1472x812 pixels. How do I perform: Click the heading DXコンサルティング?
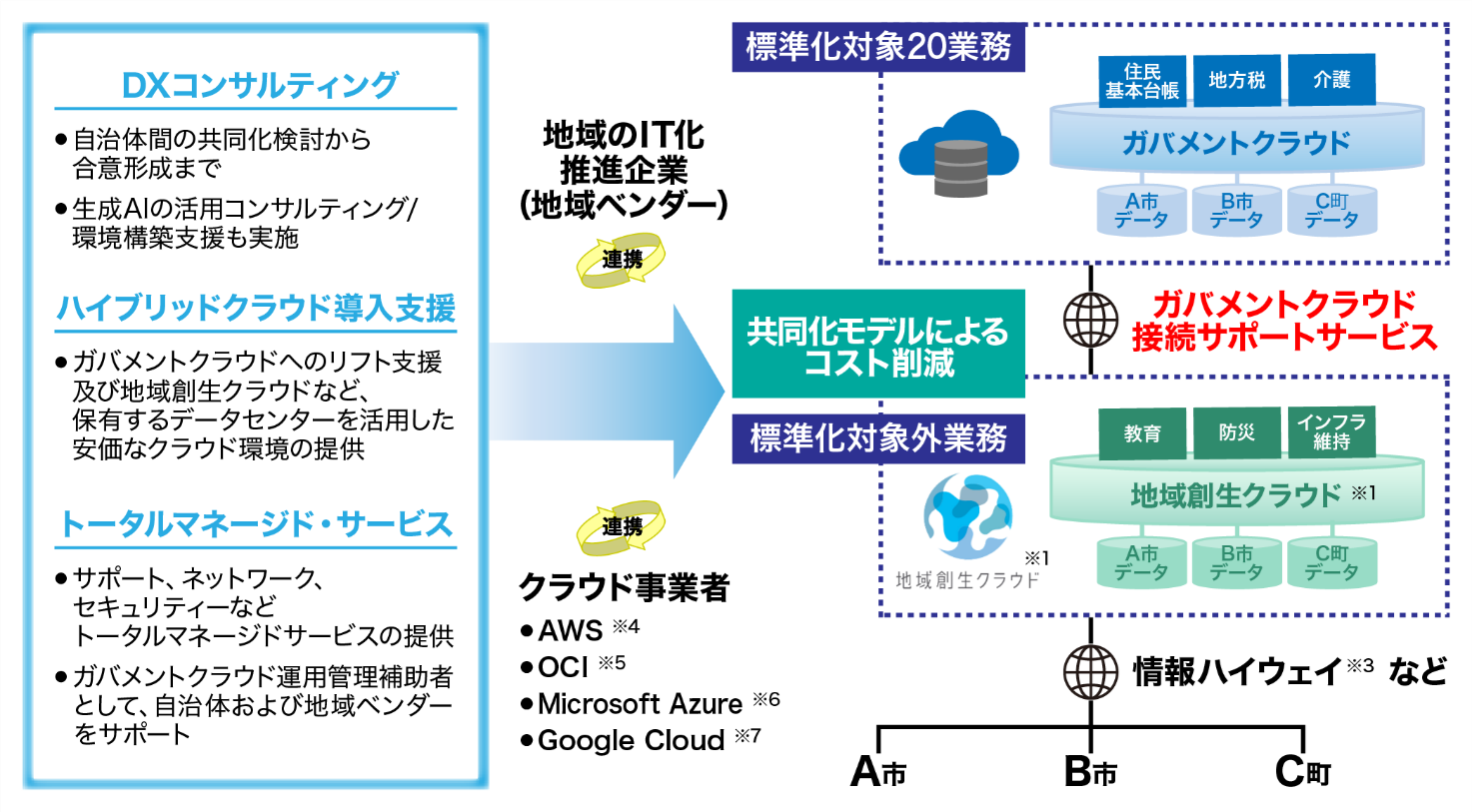(259, 85)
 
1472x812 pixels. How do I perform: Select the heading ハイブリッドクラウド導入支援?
(256, 308)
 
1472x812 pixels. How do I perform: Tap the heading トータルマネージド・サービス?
(256, 524)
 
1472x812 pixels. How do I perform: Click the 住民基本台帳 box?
(1141, 81)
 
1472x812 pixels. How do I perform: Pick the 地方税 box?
(1236, 80)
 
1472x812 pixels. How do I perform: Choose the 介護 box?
(1331, 80)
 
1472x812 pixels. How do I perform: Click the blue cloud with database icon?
(958, 155)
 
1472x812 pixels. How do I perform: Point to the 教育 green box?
(1141, 433)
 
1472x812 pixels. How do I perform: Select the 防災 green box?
(1236, 432)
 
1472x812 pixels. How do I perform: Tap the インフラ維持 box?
(1331, 431)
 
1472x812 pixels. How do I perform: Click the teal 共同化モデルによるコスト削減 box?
(878, 345)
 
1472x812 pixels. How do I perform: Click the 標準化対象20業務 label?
(878, 47)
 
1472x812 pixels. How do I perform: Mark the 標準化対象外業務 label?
(878, 438)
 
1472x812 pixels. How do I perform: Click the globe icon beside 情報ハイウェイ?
(1090, 671)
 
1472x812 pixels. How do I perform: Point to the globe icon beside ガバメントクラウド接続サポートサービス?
(1090, 320)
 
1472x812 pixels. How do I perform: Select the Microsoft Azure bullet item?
(640, 704)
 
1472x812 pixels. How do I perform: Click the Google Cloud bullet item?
(631, 741)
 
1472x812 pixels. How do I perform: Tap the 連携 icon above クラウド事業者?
(621, 526)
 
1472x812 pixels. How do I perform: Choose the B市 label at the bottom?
(1090, 772)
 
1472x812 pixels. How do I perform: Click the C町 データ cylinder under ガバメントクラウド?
(1331, 211)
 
